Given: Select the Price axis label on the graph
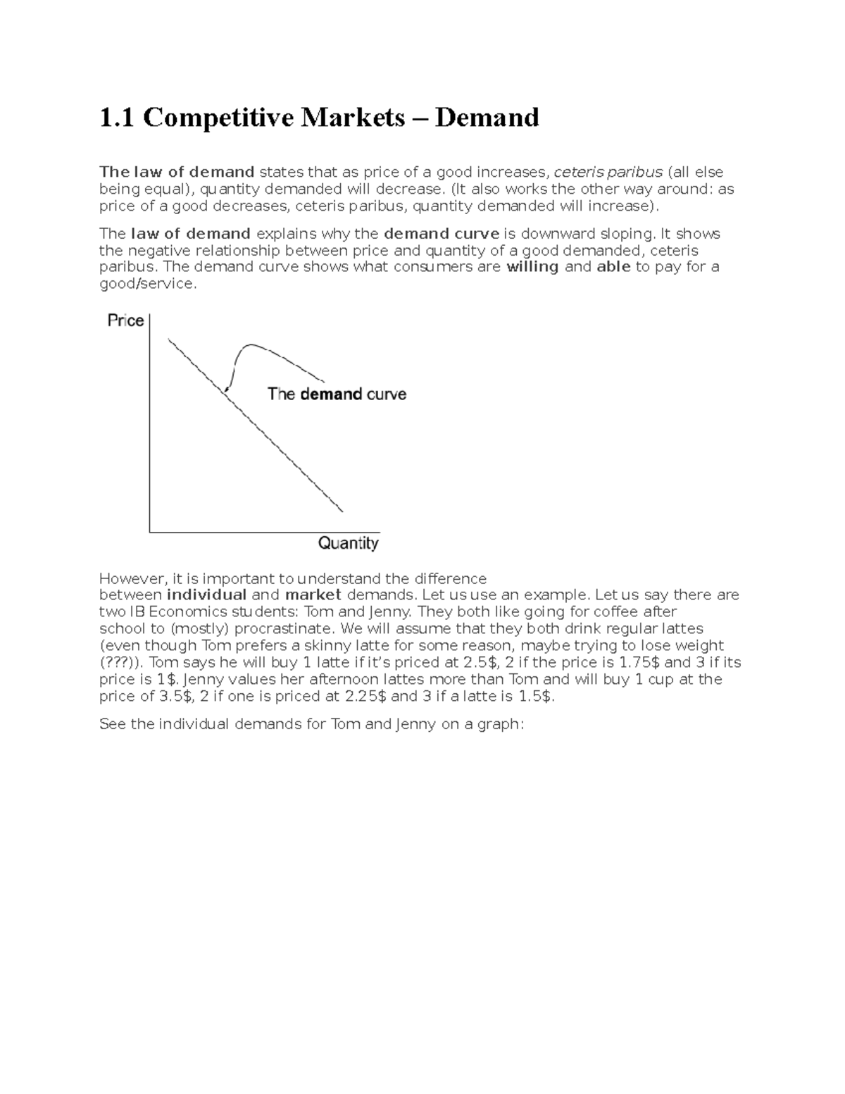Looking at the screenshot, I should click(125, 321).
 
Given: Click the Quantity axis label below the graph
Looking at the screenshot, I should click(348, 543).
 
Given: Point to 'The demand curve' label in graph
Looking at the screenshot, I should click(337, 394).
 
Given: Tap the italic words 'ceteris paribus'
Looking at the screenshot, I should click(608, 173).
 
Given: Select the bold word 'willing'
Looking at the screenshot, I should click(532, 267).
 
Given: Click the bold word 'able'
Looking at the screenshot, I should click(613, 267).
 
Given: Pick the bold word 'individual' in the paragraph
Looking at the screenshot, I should click(206, 595).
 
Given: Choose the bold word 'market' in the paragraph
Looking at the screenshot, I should click(313, 595).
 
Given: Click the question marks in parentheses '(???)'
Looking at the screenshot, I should click(120, 663).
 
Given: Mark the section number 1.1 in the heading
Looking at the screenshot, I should click(117, 118).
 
